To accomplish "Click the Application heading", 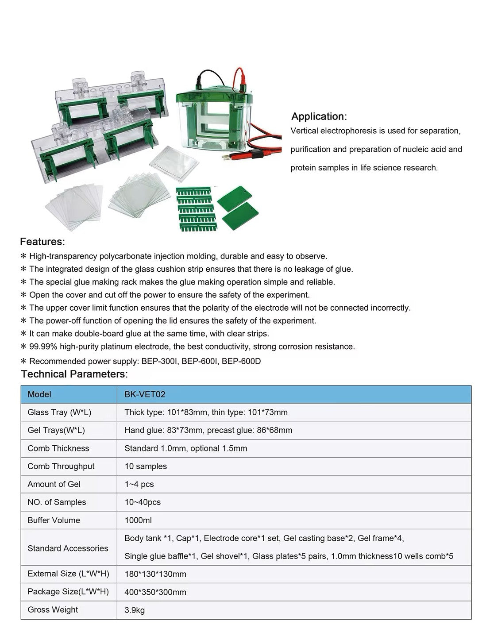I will click(x=319, y=116).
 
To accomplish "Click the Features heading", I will click(x=42, y=242).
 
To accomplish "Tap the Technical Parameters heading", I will click(x=74, y=374).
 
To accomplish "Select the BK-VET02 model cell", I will click(x=145, y=394).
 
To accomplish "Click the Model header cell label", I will click(x=39, y=394).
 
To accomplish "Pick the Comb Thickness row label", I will click(x=58, y=448).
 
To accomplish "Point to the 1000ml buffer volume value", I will click(x=138, y=520).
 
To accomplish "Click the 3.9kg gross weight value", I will click(x=135, y=610).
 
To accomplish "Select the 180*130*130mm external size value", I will click(x=155, y=574).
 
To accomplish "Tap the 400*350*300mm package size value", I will click(x=155, y=592).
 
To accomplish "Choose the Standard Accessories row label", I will click(x=68, y=548).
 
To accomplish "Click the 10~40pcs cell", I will click(x=143, y=502).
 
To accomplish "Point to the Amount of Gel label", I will click(x=54, y=484).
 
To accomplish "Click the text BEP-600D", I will click(x=241, y=361).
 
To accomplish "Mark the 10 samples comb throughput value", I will click(x=146, y=466).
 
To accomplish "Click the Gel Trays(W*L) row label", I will click(x=56, y=430).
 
